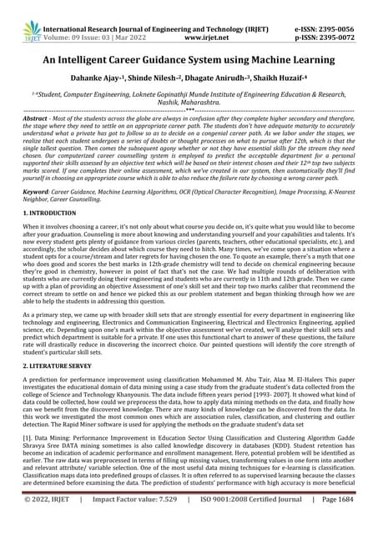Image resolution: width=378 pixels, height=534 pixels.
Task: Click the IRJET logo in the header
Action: click(x=18, y=14)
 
